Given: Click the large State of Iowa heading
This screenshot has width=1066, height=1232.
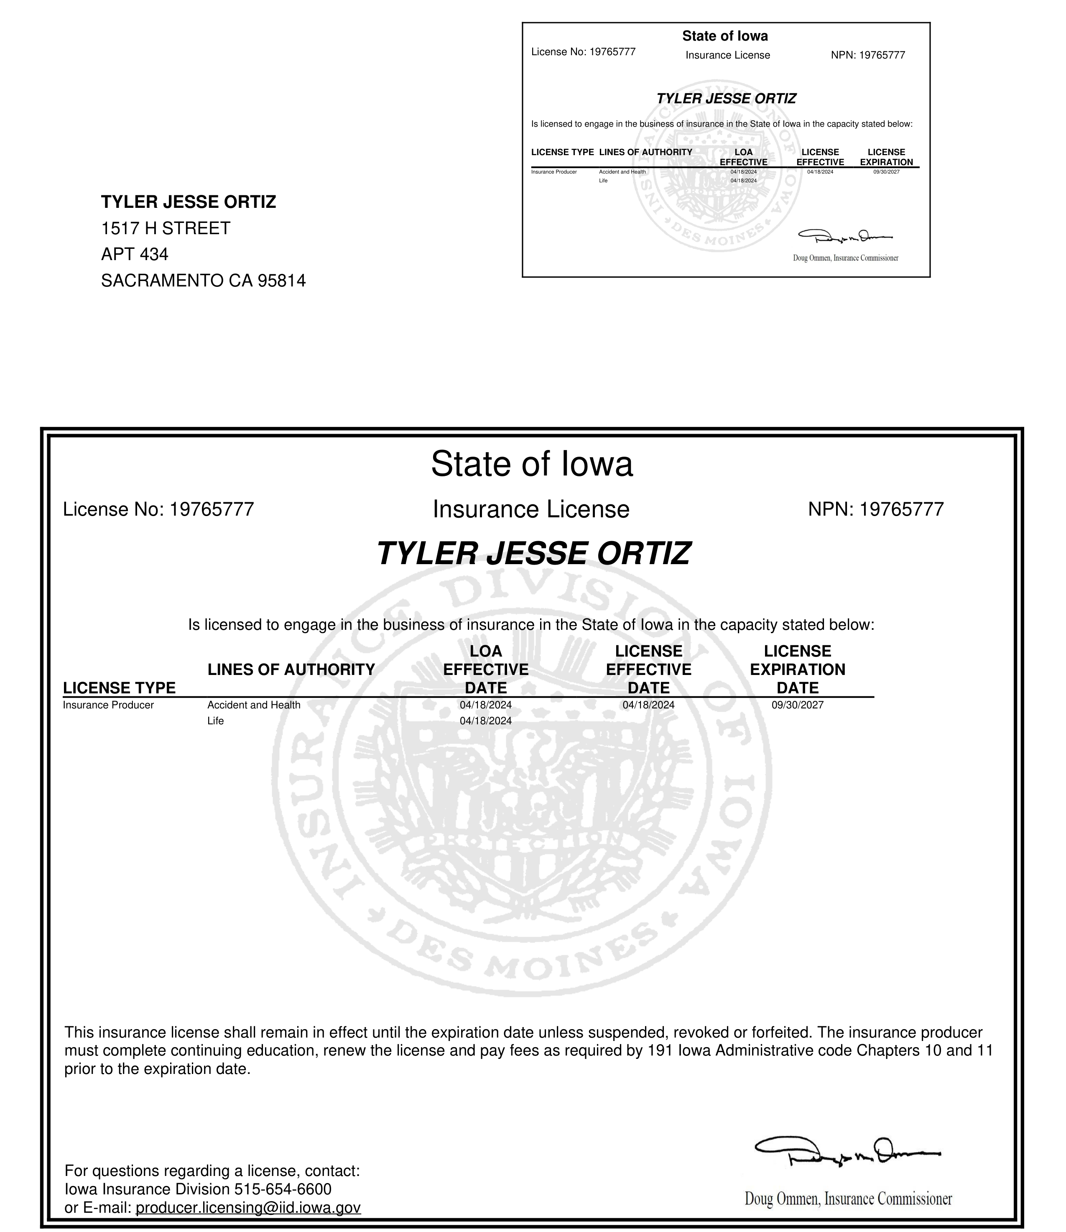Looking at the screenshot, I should point(532,464).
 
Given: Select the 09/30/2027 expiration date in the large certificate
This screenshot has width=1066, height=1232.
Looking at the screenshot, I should point(797,705).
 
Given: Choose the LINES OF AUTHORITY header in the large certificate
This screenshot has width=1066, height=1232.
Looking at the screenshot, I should point(291,670).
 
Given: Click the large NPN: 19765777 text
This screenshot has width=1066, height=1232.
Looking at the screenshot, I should point(876,509).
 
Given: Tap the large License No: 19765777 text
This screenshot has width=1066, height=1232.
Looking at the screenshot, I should point(158,509).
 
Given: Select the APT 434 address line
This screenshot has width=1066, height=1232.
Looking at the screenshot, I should point(135,254).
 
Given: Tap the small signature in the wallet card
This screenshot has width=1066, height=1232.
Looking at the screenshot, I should point(845,236).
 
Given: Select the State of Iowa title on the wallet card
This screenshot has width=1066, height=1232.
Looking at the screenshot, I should point(724,36).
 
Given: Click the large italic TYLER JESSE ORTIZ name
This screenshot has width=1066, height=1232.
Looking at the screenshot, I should point(533,554).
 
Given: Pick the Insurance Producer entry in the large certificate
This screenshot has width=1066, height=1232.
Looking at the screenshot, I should point(108,705).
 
